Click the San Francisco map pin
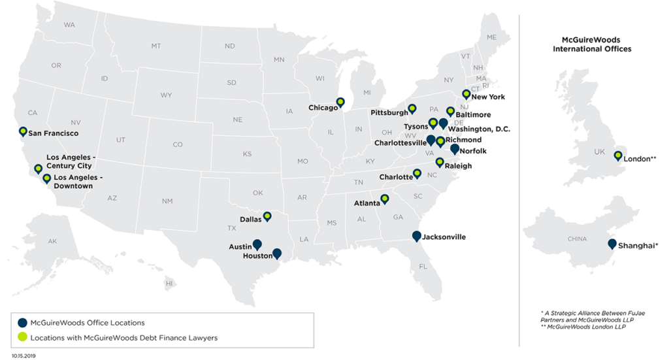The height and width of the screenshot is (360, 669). pos(24,131)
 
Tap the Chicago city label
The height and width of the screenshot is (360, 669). pos(322,107)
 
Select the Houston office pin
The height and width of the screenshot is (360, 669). pos(277,254)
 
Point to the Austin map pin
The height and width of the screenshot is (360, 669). pos(257,244)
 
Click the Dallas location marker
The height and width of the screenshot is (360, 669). pos(267,216)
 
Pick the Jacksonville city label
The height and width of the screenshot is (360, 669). pos(444,237)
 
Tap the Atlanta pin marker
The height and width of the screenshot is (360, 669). pos(385,199)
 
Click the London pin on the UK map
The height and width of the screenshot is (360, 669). pos(617,155)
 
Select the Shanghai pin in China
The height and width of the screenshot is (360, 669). pos(612,244)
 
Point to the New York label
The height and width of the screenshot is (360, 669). pos(488,97)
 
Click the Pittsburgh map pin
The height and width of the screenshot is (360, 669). pos(412,108)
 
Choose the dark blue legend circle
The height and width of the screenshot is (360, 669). pos(22,323)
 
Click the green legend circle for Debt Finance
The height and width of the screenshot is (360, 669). pos(22,338)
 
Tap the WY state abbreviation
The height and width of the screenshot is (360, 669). pos(166,95)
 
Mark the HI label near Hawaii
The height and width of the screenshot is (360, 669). pos(169,284)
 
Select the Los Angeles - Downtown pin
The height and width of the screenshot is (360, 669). pos(46,178)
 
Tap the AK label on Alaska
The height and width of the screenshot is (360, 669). pos(52,242)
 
